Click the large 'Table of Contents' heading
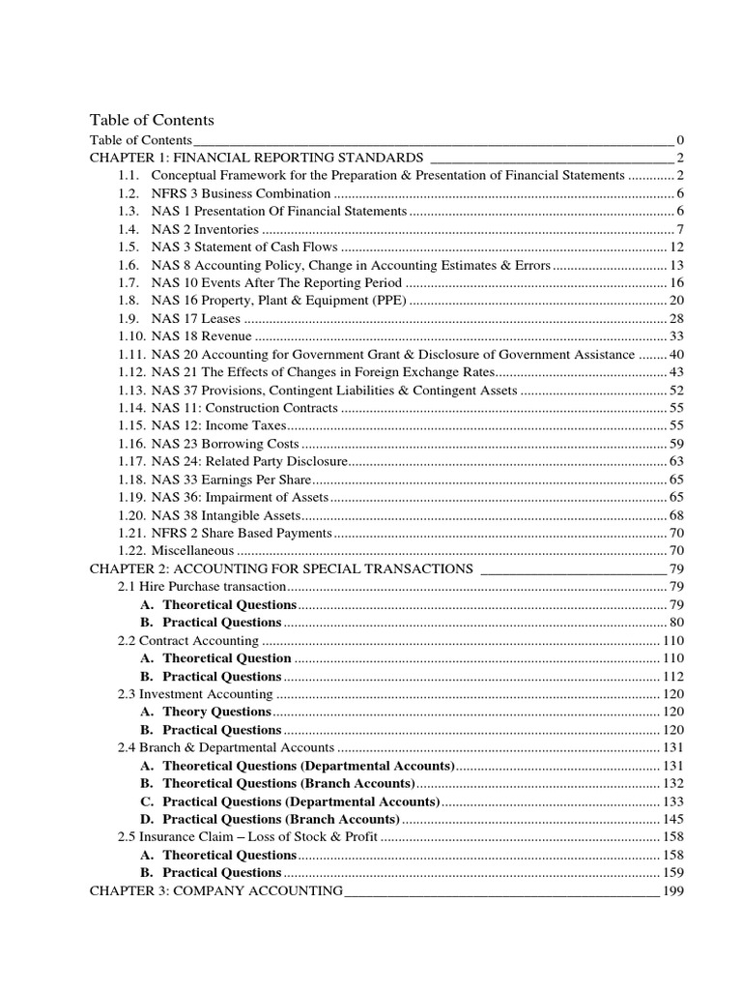(152, 120)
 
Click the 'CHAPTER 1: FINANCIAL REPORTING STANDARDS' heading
(256, 158)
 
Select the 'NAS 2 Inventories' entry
(205, 229)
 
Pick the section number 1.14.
(130, 407)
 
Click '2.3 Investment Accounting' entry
(194, 693)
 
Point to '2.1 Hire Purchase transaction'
(201, 587)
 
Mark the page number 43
(676, 371)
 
